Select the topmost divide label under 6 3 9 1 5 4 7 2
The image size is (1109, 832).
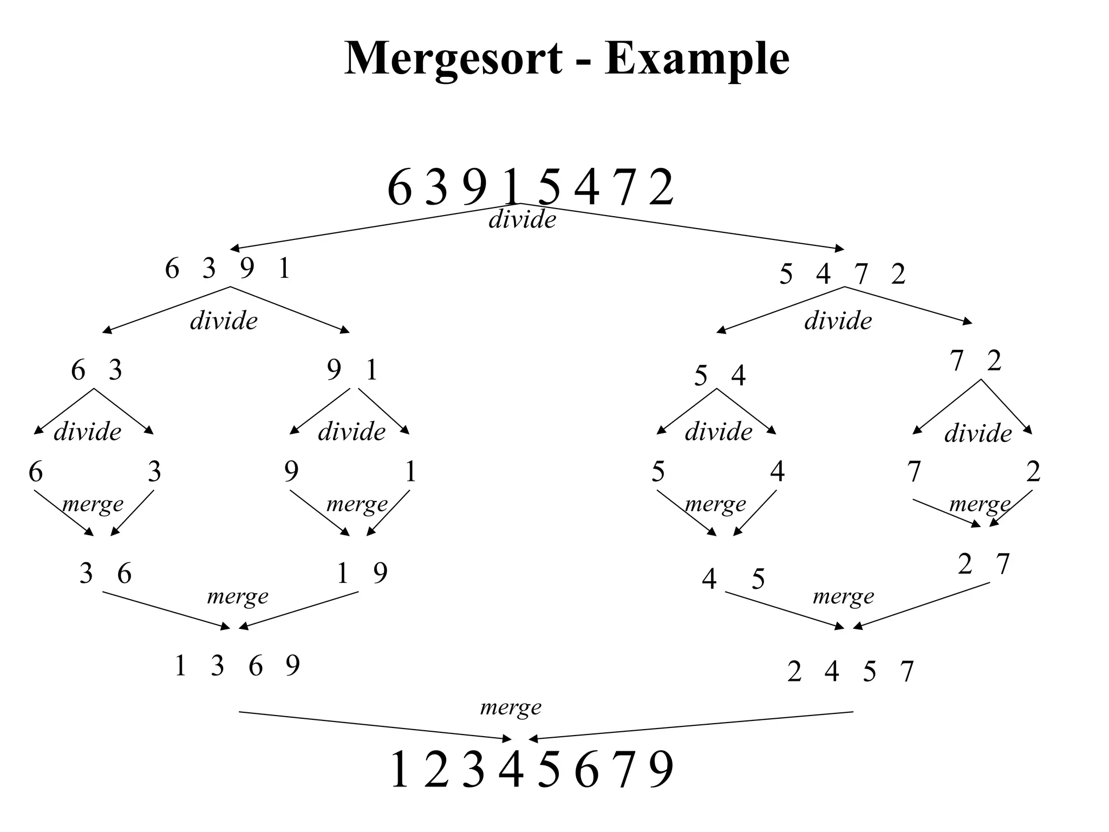point(522,220)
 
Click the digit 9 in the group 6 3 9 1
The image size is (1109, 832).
point(246,269)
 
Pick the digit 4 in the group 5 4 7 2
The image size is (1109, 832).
point(823,274)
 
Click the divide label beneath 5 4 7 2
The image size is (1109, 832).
point(838,321)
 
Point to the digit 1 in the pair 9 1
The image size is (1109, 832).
point(371,370)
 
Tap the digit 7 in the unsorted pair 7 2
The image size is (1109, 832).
point(957,361)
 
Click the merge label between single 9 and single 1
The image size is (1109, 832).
point(357,504)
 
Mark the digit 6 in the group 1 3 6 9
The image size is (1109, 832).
point(256,666)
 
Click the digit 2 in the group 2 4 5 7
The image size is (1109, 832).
point(794,672)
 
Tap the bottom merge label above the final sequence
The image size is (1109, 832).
point(511,707)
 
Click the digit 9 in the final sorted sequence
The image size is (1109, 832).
point(661,770)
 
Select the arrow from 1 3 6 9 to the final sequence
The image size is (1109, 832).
point(374,725)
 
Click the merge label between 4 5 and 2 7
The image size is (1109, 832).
point(843,597)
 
